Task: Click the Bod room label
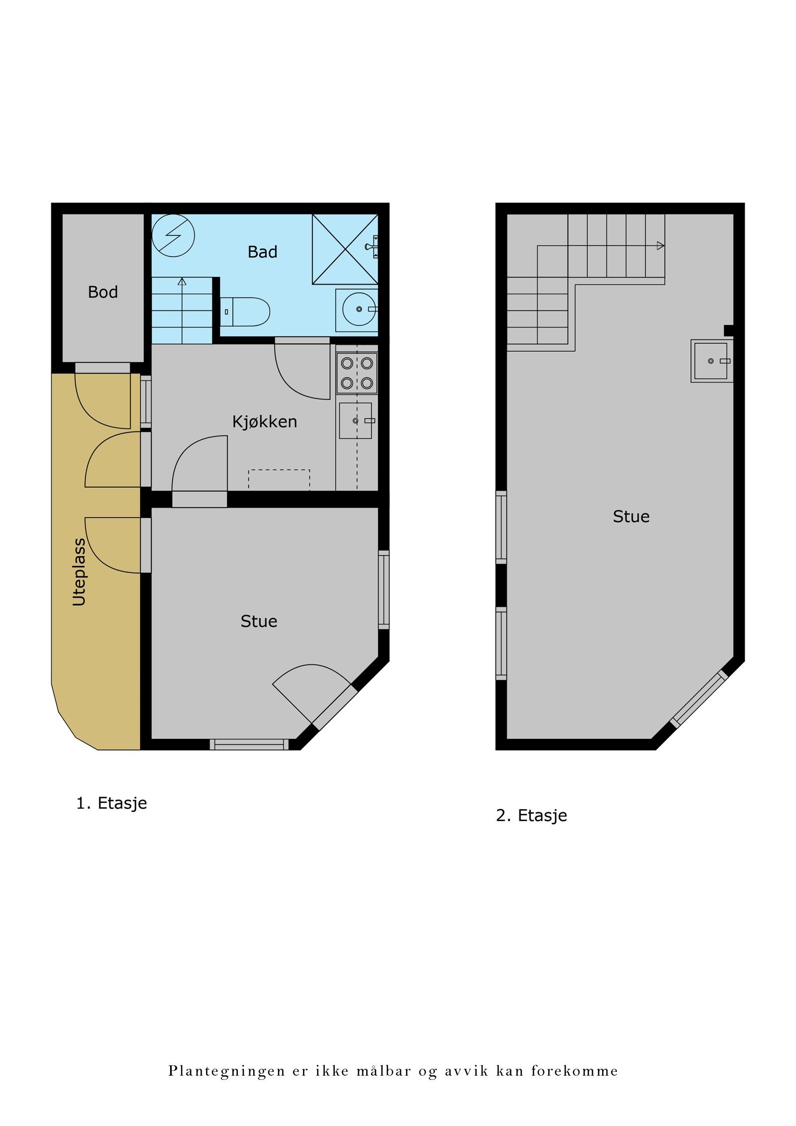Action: pos(102,292)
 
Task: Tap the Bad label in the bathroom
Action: pos(262,252)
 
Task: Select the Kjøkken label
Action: pos(264,422)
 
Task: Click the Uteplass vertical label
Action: pos(79,572)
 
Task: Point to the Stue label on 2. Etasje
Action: pos(631,516)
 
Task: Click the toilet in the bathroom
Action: pos(246,312)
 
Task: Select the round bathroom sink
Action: pos(359,309)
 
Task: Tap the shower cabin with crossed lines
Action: pos(344,249)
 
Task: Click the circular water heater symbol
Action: pos(173,235)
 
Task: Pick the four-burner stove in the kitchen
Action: pos(357,373)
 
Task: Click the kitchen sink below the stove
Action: pos(355,420)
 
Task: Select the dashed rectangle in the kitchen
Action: pos(279,480)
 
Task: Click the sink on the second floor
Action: pos(711,361)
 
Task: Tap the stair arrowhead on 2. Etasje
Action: pos(660,245)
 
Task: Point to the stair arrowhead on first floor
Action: pos(182,282)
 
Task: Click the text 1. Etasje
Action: pos(111,803)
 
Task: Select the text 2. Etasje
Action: pos(531,816)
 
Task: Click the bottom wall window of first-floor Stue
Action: pos(249,744)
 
